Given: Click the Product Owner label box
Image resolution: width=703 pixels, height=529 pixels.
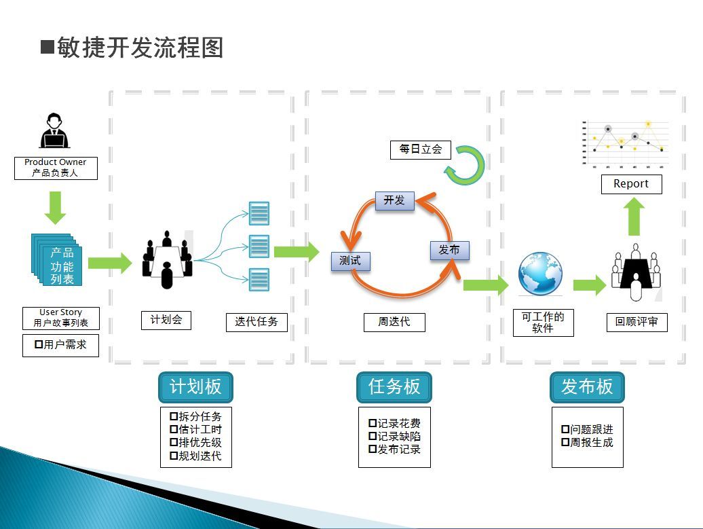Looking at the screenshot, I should pyautogui.click(x=56, y=168).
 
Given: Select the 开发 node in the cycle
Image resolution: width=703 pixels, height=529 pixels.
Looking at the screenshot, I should pyautogui.click(x=394, y=200).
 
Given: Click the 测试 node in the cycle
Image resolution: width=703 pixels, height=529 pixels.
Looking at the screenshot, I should pyautogui.click(x=350, y=261).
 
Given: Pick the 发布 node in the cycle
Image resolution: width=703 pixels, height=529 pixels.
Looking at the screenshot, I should pyautogui.click(x=449, y=250).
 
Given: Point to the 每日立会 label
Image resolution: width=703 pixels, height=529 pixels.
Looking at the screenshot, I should pyautogui.click(x=420, y=149).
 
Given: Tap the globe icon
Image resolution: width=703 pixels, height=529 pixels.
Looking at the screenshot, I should pyautogui.click(x=541, y=274).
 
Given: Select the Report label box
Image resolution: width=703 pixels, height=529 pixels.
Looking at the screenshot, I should pyautogui.click(x=631, y=184).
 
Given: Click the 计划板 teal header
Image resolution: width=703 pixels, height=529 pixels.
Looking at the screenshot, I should pyautogui.click(x=195, y=387).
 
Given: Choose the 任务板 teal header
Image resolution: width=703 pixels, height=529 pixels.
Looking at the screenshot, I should pyautogui.click(x=394, y=387).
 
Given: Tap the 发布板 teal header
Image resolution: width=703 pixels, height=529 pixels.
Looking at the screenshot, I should pyautogui.click(x=587, y=387).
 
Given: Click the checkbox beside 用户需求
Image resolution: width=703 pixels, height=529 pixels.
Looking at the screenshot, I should pyautogui.click(x=39, y=345).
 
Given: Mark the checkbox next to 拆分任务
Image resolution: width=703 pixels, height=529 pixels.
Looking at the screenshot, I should pyautogui.click(x=174, y=416).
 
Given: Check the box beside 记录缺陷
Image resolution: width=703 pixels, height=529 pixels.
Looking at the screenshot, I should pyautogui.click(x=372, y=436).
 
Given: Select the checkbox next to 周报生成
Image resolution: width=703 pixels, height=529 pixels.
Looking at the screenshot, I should pyautogui.click(x=565, y=442).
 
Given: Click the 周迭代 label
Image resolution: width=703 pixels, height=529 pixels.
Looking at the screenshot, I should pyautogui.click(x=394, y=322).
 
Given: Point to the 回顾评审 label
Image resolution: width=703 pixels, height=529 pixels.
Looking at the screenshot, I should pyautogui.click(x=636, y=322).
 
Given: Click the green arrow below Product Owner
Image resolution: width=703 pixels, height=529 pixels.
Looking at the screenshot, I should pyautogui.click(x=55, y=207).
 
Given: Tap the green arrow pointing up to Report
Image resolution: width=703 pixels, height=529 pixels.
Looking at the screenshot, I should pyautogui.click(x=635, y=217).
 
